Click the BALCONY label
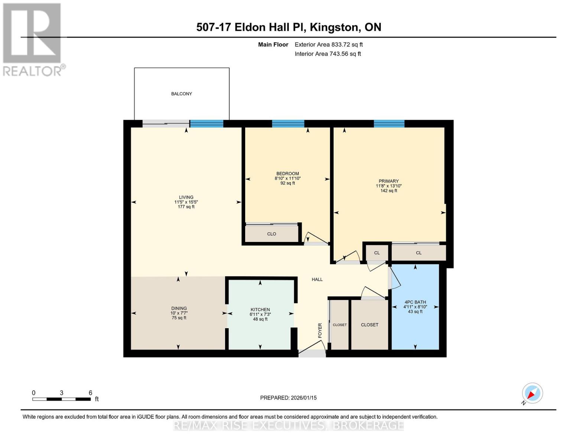tap(181, 94)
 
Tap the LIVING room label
tap(186, 197)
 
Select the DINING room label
tap(179, 308)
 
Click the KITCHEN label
tap(260, 310)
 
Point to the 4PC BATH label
tap(415, 302)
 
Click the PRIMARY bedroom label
tap(389, 181)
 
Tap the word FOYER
tap(320, 330)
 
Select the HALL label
tap(317, 279)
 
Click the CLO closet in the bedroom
tap(272, 234)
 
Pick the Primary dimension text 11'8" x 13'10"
tap(389, 186)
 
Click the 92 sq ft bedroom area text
tap(288, 183)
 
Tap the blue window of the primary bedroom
tap(389, 124)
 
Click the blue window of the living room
tap(207, 124)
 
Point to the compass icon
tap(532, 393)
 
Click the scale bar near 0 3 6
tap(61, 399)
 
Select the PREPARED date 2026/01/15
tap(288, 398)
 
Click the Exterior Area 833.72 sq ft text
tap(328, 45)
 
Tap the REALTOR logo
tap(32, 39)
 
